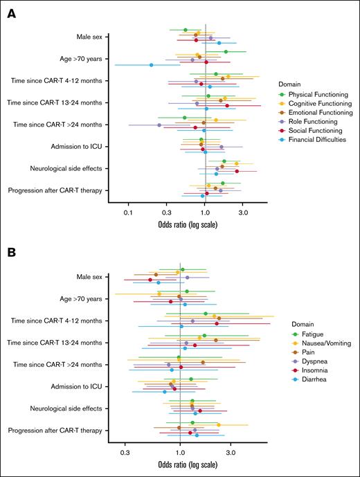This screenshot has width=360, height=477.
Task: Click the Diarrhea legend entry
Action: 304,380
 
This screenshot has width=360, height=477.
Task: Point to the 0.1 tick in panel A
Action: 128,214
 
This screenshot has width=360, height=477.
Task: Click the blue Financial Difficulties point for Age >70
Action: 152,65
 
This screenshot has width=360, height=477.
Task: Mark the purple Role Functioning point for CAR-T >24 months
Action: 159,125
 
